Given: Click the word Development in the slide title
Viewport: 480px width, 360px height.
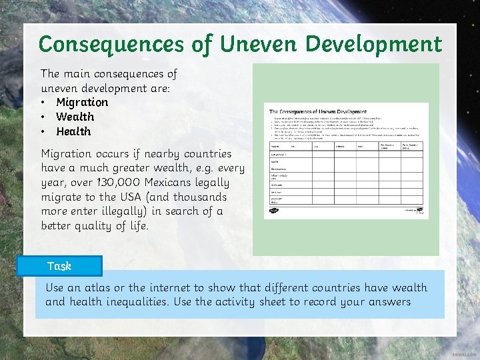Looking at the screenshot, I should point(373,45).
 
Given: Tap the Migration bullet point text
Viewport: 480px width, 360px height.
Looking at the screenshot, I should point(82,102).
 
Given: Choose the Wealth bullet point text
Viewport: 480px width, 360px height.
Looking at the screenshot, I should point(75,117).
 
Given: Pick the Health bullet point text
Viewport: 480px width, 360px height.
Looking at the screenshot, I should point(73,131).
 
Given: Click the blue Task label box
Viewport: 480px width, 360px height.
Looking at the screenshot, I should point(69,266).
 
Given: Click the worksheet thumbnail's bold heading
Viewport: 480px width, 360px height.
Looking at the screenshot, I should point(317,111).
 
